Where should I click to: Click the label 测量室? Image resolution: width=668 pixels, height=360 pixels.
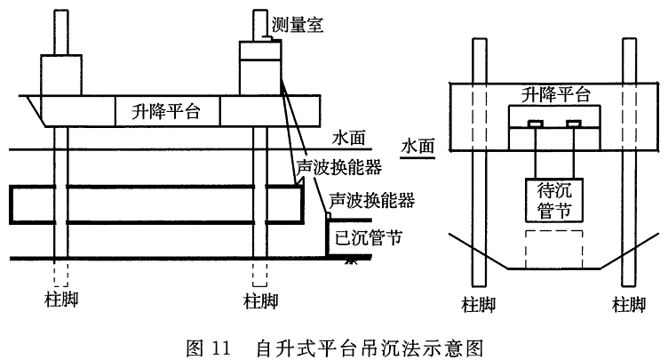[x=298, y=24]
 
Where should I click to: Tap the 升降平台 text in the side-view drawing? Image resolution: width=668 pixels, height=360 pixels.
[x=166, y=112]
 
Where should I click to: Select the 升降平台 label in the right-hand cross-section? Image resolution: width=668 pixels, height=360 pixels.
[x=555, y=94]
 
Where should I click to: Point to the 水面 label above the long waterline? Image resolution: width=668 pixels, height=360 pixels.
[x=349, y=138]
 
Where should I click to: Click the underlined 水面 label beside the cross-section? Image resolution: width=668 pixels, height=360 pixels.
[x=417, y=147]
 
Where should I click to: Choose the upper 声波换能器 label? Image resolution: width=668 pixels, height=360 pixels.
[x=339, y=168]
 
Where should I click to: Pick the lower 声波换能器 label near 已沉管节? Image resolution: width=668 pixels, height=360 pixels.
[x=372, y=200]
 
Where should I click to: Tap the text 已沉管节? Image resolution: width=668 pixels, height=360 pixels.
[x=369, y=238]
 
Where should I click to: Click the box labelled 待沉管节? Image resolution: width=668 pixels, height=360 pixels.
[x=553, y=200]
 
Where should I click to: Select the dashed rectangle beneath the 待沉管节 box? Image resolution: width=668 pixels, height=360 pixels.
[x=553, y=231]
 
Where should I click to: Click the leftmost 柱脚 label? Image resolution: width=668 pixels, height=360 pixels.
[x=62, y=300]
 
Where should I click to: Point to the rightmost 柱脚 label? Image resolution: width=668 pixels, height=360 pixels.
[x=629, y=305]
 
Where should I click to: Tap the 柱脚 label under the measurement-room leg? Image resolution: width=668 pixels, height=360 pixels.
[x=261, y=301]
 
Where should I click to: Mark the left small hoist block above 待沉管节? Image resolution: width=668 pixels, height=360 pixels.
[x=536, y=124]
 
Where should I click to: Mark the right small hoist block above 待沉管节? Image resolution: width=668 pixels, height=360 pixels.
[x=574, y=124]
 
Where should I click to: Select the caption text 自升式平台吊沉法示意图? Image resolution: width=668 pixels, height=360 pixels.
[x=370, y=348]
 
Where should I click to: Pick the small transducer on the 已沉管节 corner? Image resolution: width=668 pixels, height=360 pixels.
[x=328, y=215]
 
